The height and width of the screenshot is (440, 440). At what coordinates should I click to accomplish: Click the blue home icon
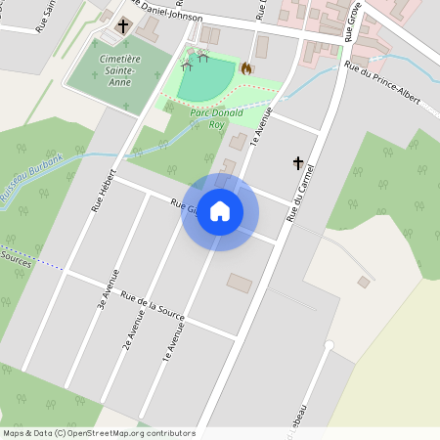pos(220,211)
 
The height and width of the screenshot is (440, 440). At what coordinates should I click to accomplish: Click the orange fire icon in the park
pos(246,68)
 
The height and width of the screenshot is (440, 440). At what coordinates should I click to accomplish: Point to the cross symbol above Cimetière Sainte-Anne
pos(124,26)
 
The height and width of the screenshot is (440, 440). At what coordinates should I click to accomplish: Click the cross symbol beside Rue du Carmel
pos(298,163)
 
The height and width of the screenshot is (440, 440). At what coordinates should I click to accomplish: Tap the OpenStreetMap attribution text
pos(98,432)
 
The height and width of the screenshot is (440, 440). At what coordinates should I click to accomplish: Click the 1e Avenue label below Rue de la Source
pos(174,346)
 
